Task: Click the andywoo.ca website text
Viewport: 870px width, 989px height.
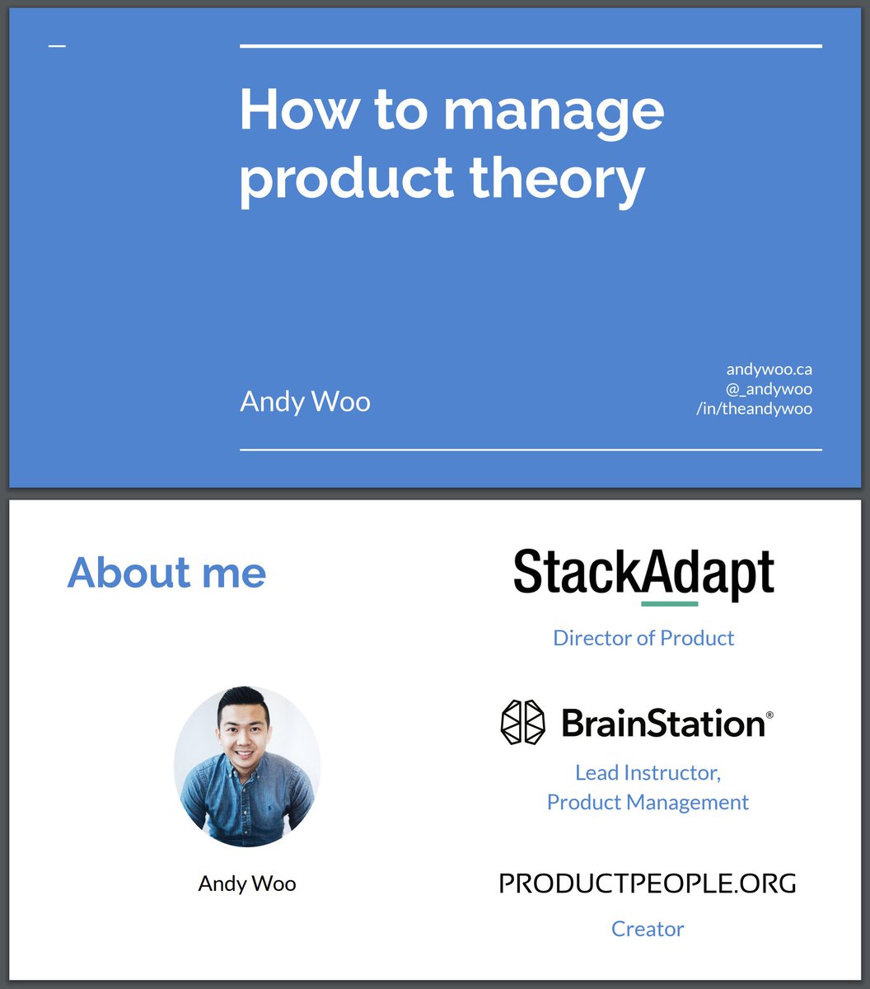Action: pos(769,369)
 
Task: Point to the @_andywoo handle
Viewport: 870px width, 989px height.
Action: pos(769,389)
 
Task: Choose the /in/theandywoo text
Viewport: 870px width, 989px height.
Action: pos(754,409)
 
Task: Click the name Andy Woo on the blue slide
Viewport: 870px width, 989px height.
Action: pos(305,402)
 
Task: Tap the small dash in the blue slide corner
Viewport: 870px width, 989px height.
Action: pos(57,46)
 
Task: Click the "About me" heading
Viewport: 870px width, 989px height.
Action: pos(166,572)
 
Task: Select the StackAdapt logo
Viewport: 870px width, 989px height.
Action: pos(643,573)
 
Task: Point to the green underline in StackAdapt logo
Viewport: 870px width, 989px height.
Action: pos(669,604)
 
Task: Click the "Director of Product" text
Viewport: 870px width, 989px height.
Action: pos(643,638)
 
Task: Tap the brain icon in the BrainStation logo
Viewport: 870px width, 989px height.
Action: pos(523,723)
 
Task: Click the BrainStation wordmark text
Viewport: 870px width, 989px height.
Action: pos(664,724)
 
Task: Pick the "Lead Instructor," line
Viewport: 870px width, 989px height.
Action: pos(648,773)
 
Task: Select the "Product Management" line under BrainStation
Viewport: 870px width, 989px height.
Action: pos(648,802)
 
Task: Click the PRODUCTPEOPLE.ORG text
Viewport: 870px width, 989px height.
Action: pos(648,884)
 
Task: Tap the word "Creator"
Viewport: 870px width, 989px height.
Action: pos(648,929)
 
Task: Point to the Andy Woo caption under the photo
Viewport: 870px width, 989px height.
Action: pos(247,884)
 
